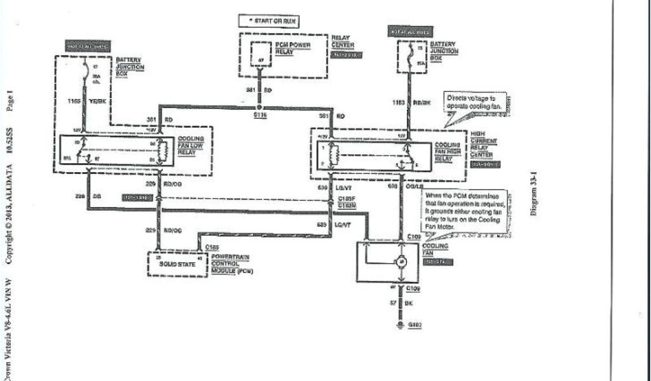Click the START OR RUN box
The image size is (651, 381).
(x=269, y=21)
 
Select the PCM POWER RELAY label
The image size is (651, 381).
(x=291, y=48)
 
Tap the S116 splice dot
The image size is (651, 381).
(x=259, y=106)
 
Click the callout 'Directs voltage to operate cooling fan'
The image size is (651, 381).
(x=477, y=103)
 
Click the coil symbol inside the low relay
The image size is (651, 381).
(x=162, y=150)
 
